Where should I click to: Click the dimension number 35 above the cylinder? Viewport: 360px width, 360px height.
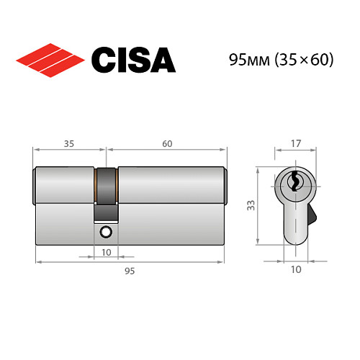point(70,144)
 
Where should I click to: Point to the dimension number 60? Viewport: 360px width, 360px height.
point(166,144)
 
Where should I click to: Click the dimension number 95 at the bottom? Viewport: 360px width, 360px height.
point(130,271)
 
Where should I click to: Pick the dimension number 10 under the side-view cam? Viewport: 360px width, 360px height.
point(107,253)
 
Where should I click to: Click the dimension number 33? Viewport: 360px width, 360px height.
point(250,206)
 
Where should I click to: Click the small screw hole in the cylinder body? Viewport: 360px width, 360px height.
point(107,232)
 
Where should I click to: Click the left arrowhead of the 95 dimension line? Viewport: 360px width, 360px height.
point(37,261)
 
